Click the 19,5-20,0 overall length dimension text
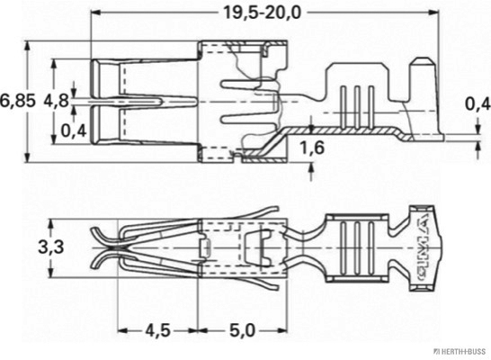pos(260,13)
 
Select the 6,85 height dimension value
pos(18,101)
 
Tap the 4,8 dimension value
pos(55,101)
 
